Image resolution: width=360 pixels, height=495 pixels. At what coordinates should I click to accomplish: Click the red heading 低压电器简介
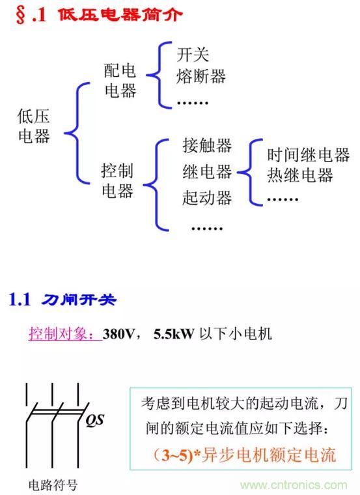point(120,15)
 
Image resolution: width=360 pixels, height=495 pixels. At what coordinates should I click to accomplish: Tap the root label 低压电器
point(33,126)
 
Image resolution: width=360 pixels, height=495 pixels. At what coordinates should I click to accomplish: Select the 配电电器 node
point(120,80)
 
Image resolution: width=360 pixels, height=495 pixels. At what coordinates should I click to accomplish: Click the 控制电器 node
point(117,180)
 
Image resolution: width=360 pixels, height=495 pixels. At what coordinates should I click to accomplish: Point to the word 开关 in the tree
point(193,55)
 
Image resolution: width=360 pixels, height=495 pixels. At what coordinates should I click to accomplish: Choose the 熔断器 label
point(201,76)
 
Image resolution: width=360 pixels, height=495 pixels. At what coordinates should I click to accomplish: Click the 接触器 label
point(207,145)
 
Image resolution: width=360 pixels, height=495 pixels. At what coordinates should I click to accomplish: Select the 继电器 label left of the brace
point(207,172)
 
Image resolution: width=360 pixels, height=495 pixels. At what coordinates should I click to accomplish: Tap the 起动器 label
point(207,197)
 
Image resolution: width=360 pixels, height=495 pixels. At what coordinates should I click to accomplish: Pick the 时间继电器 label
point(309,155)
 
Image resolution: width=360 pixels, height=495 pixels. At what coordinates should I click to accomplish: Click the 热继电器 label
point(300,175)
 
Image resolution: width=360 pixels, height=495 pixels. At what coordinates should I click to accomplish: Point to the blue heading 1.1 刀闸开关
point(62,299)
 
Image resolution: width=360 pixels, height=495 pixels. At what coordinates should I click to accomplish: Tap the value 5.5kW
point(174,334)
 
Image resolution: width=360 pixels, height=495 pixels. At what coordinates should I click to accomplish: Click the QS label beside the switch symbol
point(94,421)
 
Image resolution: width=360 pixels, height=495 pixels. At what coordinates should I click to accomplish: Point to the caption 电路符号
point(53,485)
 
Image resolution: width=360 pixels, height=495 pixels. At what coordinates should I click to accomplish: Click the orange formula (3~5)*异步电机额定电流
point(245,455)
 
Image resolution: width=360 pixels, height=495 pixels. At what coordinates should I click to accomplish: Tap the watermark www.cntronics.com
point(294,485)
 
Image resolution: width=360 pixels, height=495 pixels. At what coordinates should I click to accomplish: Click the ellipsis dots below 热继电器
point(283,199)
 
